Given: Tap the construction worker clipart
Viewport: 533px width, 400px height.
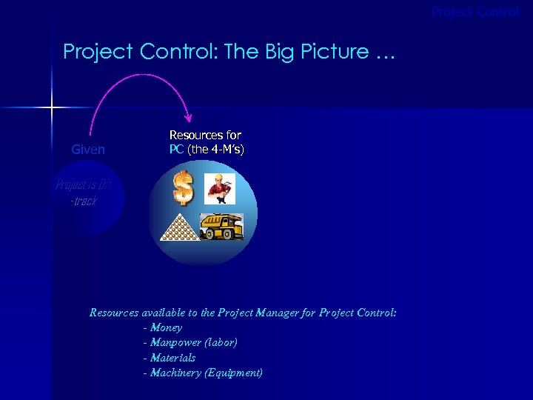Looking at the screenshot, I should (x=220, y=188).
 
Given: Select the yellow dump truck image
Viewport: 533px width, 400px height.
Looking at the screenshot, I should (x=221, y=227).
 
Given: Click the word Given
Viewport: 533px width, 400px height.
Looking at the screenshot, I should (x=88, y=150).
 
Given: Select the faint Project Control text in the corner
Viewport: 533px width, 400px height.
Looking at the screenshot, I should (x=475, y=12).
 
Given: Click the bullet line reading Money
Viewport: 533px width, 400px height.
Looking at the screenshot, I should (x=163, y=327).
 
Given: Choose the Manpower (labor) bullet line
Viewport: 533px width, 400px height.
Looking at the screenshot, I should (x=190, y=342).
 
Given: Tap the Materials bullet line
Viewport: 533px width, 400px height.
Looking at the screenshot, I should (x=170, y=358).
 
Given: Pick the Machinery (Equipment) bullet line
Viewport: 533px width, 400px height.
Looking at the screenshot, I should (x=203, y=373).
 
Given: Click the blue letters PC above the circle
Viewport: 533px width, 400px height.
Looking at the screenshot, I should (x=176, y=150).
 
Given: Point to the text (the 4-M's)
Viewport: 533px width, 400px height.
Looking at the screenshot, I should (x=215, y=150).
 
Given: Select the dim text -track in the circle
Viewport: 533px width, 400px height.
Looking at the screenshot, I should (x=83, y=201).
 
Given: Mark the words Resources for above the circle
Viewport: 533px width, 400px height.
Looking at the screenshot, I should (x=205, y=136).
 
